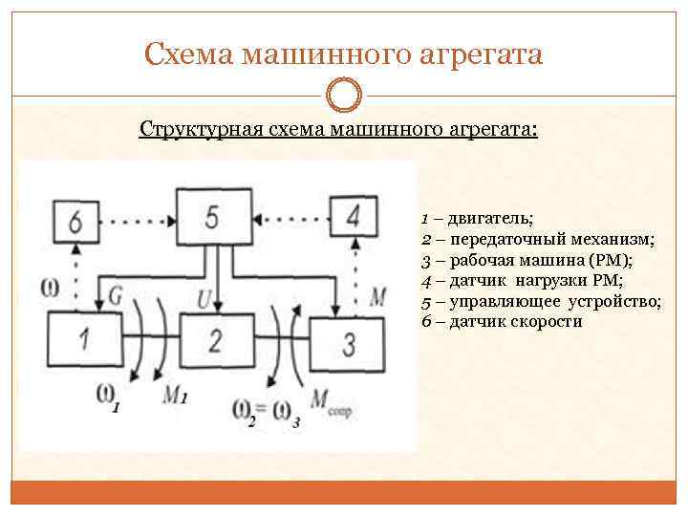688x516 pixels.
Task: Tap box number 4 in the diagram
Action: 353,216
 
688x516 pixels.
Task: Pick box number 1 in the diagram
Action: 85,338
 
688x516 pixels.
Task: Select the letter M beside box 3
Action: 377,296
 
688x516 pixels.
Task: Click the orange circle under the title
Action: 344,95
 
